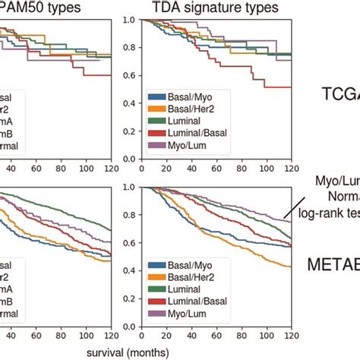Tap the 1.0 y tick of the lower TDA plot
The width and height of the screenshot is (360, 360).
tap(131, 188)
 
